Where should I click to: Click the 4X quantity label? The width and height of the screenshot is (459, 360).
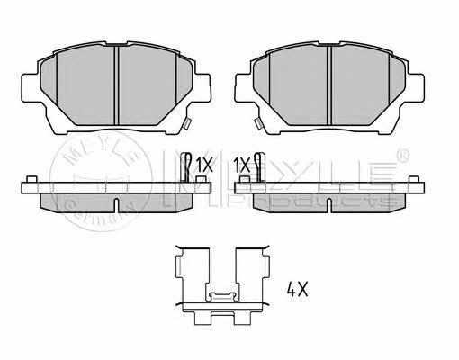(x=297, y=290)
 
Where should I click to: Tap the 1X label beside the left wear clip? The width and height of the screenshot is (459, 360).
(x=204, y=165)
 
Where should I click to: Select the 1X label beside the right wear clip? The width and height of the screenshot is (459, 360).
(x=242, y=165)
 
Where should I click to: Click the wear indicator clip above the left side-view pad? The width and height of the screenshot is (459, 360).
(x=186, y=167)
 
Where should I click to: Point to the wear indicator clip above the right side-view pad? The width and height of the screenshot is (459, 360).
(x=259, y=167)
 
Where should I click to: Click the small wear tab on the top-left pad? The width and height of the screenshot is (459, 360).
(x=186, y=123)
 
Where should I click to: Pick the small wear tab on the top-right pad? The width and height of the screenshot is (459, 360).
(x=258, y=123)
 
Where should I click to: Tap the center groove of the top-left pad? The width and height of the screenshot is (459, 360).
(x=117, y=85)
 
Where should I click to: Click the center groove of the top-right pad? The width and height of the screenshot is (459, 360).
(x=329, y=85)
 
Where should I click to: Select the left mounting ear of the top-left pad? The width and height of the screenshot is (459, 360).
(x=29, y=88)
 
